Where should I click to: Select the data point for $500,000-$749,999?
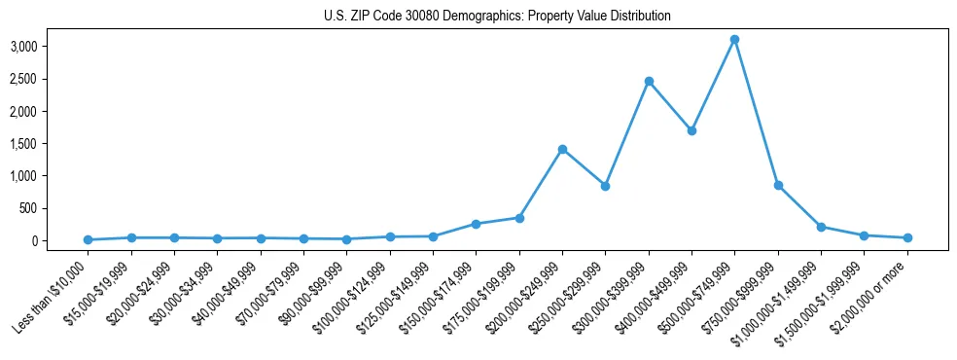pos(735,40)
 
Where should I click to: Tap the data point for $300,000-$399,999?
pos(649,82)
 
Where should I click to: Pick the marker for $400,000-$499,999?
pos(691,130)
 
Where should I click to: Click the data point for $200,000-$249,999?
pos(562,149)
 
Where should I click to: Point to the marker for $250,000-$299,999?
pos(605,186)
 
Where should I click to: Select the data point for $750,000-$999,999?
pos(778,185)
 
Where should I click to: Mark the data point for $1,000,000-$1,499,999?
pos(821,227)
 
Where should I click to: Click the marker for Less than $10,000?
pos(89,239)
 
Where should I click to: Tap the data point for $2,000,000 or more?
pos(907,237)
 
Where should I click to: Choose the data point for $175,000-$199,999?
pos(519,218)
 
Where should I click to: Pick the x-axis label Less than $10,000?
pos(53,292)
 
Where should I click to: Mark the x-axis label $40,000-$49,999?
pos(227,292)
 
